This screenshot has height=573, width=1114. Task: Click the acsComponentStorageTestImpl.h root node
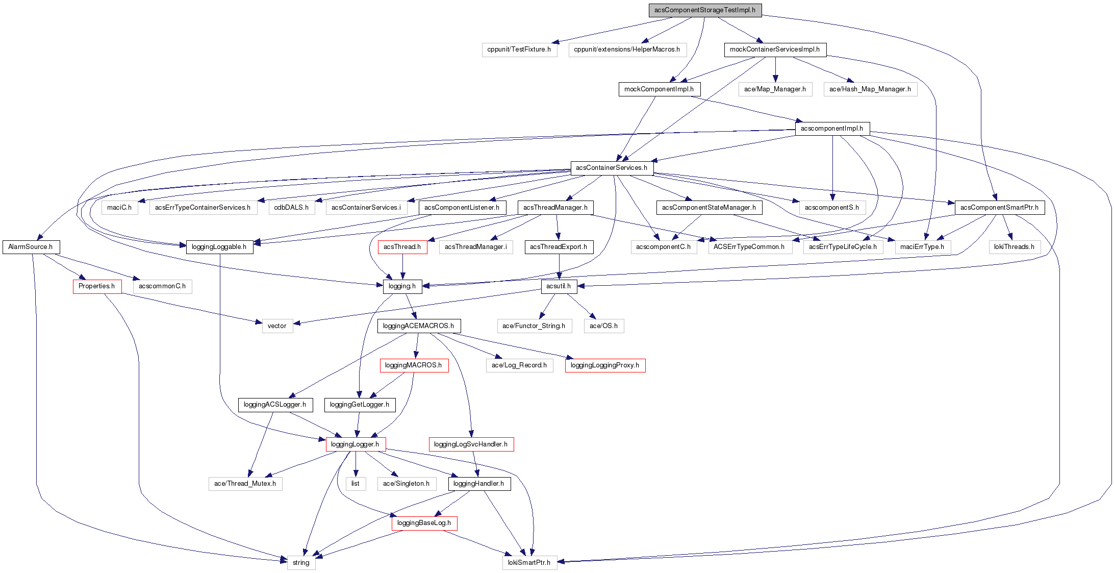(705, 10)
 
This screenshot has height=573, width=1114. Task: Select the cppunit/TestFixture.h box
(519, 49)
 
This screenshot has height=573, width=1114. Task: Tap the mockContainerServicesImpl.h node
(775, 49)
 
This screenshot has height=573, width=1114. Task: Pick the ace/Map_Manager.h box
(775, 89)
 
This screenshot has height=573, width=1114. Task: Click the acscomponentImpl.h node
(832, 129)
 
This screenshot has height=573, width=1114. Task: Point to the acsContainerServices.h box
(612, 168)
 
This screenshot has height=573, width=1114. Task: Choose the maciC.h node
(119, 208)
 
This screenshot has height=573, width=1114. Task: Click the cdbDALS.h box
(291, 208)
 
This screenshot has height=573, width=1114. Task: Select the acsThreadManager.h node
(555, 208)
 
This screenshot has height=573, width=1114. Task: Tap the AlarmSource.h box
(31, 247)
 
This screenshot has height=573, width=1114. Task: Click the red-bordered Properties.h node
(97, 286)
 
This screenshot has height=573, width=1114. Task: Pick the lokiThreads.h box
(1014, 247)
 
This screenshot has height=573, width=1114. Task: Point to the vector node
(277, 326)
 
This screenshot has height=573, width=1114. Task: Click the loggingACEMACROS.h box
(418, 326)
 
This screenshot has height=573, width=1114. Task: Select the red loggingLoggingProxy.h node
(605, 365)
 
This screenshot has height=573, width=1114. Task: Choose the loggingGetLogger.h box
(360, 405)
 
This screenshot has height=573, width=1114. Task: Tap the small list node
(356, 484)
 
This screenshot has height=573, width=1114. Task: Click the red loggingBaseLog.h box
(424, 523)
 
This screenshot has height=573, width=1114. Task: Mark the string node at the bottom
(301, 563)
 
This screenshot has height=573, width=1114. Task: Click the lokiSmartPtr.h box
(529, 563)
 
